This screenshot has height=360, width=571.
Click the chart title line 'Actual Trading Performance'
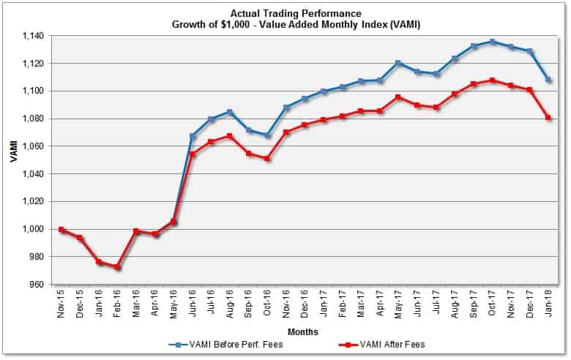click(x=291, y=13)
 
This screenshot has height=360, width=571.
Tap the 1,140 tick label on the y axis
click(x=33, y=36)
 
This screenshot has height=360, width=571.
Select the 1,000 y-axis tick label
click(x=33, y=229)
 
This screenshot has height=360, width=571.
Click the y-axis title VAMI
click(x=13, y=160)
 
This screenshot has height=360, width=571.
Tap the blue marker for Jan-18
click(x=549, y=80)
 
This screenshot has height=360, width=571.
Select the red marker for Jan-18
click(x=549, y=118)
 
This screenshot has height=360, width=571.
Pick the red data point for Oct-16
click(x=268, y=159)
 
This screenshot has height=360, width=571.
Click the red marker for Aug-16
click(x=231, y=136)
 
